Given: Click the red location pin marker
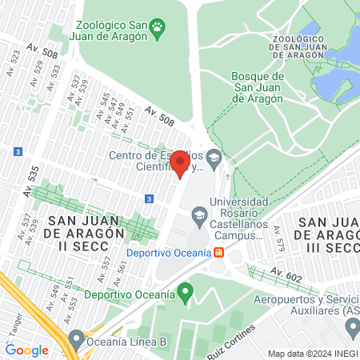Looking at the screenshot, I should tap(181, 164).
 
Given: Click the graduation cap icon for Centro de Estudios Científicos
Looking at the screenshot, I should tap(214, 158).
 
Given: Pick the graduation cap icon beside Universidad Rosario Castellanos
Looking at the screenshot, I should tap(198, 214).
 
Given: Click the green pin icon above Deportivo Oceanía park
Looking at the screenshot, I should tap(186, 294).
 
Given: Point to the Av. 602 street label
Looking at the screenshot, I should tap(286, 274).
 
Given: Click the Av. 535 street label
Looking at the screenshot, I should tap(31, 182).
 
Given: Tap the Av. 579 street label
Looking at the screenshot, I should tap(279, 236).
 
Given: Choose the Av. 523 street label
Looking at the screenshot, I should tap(14, 63).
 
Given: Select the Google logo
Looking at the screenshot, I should tap(26, 350).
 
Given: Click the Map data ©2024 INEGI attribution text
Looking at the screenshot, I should tap(311, 354).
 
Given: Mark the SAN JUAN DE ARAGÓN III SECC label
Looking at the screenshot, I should tap(327, 227).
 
